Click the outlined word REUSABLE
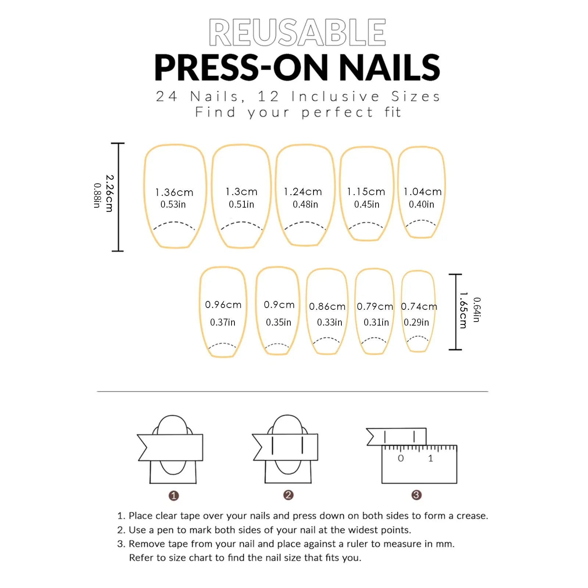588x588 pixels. tap(297, 32)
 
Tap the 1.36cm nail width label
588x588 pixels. tap(174, 193)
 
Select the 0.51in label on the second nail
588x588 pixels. tap(241, 205)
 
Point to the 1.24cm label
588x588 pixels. tap(303, 192)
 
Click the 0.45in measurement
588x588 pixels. tap(367, 205)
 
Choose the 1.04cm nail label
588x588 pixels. tap(423, 192)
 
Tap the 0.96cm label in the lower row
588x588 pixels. tap(223, 305)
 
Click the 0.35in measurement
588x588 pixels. tap(279, 322)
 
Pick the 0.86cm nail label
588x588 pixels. tap(327, 306)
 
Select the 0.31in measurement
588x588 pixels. tap(376, 322)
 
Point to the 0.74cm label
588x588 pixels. tap(419, 306)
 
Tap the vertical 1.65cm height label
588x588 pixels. tap(463, 310)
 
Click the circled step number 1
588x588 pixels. tap(174, 496)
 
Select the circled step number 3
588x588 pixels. tap(416, 495)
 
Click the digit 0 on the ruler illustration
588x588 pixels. tap(401, 458)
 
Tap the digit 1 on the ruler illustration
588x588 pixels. tap(431, 458)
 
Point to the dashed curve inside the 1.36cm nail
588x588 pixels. tap(174, 223)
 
